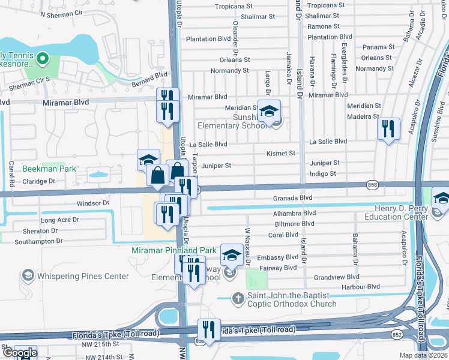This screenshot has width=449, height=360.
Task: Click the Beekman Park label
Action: coord(49,169)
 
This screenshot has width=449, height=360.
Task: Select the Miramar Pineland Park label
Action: coord(174,250)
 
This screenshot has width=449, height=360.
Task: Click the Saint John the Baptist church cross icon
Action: coord(238,298)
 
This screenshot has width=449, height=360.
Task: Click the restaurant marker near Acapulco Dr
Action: coord(388,128)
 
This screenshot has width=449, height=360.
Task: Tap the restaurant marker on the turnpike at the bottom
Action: coord(209,329)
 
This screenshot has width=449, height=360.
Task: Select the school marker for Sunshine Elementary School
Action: coord(270,110)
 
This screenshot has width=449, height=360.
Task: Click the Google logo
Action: coord(19,353)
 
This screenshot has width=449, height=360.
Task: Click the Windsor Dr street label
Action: coord(93,203)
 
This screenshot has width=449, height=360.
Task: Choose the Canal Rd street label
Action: coord(12,173)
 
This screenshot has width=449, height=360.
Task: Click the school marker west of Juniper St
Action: coord(148,160)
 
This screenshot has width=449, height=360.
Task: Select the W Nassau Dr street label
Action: coord(247,240)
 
